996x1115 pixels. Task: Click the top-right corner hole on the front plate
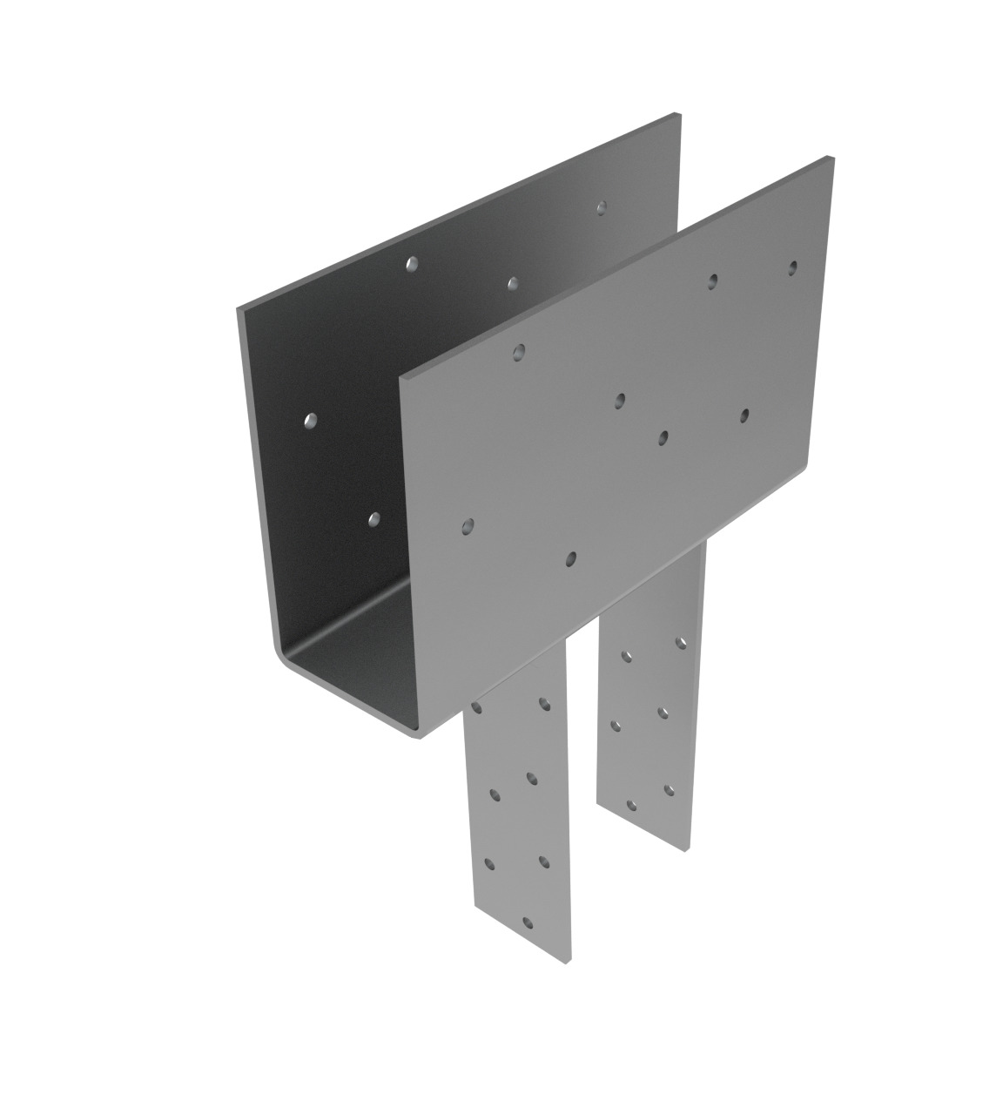pos(792,267)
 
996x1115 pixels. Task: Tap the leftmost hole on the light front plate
pos(468,525)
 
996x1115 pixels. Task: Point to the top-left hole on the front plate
pos(519,352)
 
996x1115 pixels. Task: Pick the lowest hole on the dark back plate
pos(374,519)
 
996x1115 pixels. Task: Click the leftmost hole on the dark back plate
pos(310,421)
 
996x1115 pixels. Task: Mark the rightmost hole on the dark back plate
pos(601,207)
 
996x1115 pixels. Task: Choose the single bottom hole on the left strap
pos(526,921)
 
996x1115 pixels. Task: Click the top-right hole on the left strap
pos(544,702)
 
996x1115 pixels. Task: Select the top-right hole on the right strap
pos(681,643)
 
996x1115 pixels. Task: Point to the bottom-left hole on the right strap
pos(631,805)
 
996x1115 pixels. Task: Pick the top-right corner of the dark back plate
pos(678,115)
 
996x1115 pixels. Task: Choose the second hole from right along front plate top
pos(713,280)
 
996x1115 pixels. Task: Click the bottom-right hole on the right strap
pos(669,790)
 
